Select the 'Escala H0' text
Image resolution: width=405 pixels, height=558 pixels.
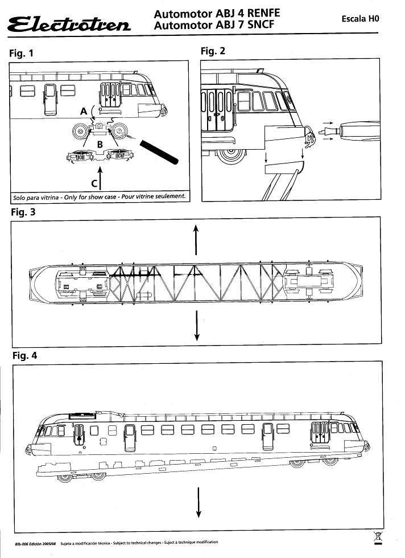tap(359, 19)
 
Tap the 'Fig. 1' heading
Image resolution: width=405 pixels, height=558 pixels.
tap(22, 54)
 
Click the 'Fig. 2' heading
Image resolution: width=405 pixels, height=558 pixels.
tap(213, 51)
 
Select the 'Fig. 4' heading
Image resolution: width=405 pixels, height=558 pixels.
tap(24, 356)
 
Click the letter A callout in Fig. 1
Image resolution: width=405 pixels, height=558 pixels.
tap(84, 112)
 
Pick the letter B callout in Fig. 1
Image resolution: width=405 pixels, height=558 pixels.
tap(100, 145)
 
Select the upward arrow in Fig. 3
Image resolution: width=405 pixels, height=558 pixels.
tap(196, 239)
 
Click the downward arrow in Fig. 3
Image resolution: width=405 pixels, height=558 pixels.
tap(196, 326)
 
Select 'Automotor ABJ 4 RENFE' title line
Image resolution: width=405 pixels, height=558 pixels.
tap(217, 13)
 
